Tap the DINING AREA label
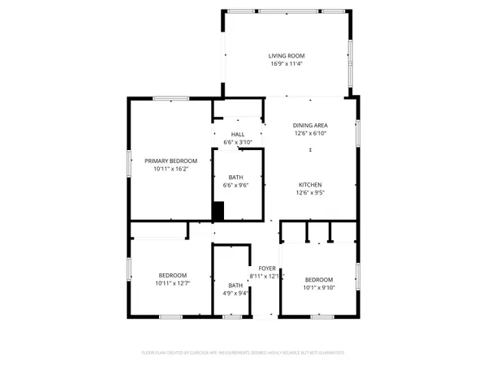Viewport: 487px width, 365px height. tap(312, 126)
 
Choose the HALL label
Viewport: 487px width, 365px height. tap(237, 135)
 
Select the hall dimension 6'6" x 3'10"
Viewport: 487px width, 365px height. tap(237, 143)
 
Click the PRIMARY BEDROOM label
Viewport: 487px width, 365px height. tap(171, 161)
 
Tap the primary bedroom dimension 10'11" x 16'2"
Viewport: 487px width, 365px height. tap(171, 169)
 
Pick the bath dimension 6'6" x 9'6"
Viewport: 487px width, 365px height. tap(235, 185)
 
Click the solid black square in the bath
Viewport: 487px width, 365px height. tap(218, 211)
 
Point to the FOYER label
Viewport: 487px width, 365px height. tap(267, 268)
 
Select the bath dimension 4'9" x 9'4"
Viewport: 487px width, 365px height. tap(235, 293)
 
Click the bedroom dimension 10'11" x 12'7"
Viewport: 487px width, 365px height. tap(172, 283)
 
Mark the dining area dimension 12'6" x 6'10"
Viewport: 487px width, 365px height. tap(312, 134)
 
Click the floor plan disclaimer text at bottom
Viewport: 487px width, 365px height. tap(243, 353)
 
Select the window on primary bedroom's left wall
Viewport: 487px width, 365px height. tap(127, 162)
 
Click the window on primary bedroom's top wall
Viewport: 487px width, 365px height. tap(171, 99)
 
